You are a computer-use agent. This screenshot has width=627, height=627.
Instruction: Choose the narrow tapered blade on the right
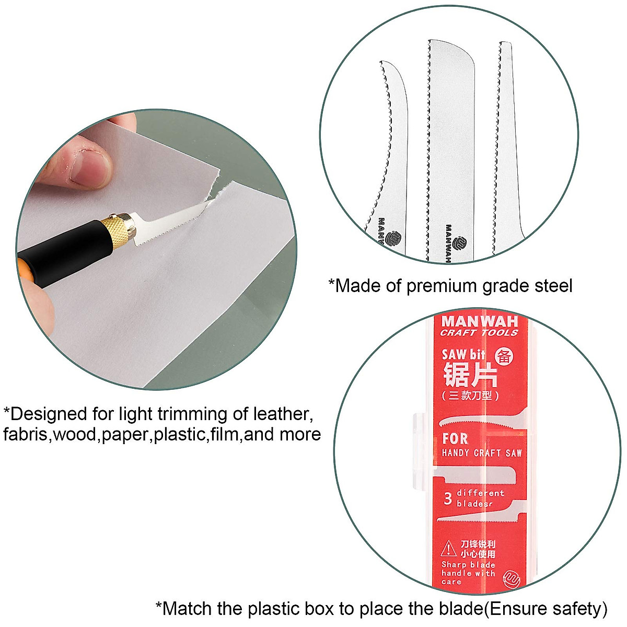click(x=504, y=146)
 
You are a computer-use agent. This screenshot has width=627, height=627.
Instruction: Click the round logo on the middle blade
click(x=460, y=243)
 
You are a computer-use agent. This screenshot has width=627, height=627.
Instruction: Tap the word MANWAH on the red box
click(x=479, y=321)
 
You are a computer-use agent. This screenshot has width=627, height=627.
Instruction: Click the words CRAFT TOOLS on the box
click(x=479, y=333)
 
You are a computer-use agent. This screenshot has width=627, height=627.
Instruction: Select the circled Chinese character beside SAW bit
click(x=504, y=356)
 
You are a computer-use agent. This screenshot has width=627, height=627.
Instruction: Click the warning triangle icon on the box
click(x=448, y=549)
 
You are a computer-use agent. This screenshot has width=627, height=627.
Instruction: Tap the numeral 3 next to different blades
click(x=447, y=498)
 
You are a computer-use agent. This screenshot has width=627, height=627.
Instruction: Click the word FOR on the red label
click(x=455, y=438)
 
